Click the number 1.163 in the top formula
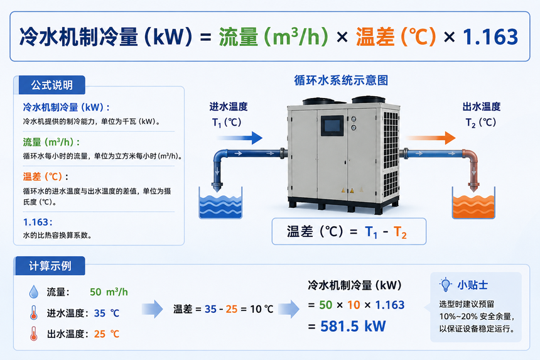point(490,37)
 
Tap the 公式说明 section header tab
point(51,85)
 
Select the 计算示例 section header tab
point(50,266)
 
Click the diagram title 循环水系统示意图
point(341,80)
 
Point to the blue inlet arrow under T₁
point(240,138)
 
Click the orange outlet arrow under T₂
point(431,138)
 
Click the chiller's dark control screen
point(332,126)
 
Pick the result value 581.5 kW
point(353,326)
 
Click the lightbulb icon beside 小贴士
point(445,285)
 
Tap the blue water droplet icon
point(34,292)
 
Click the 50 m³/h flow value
point(109,292)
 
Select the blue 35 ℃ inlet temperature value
point(107,313)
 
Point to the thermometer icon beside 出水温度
point(33,334)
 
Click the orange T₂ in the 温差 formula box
point(400,232)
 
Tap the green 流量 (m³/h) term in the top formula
point(274,37)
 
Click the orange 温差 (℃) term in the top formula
point(396,37)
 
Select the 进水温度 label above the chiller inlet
point(229,107)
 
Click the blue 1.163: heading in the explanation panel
point(38,222)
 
